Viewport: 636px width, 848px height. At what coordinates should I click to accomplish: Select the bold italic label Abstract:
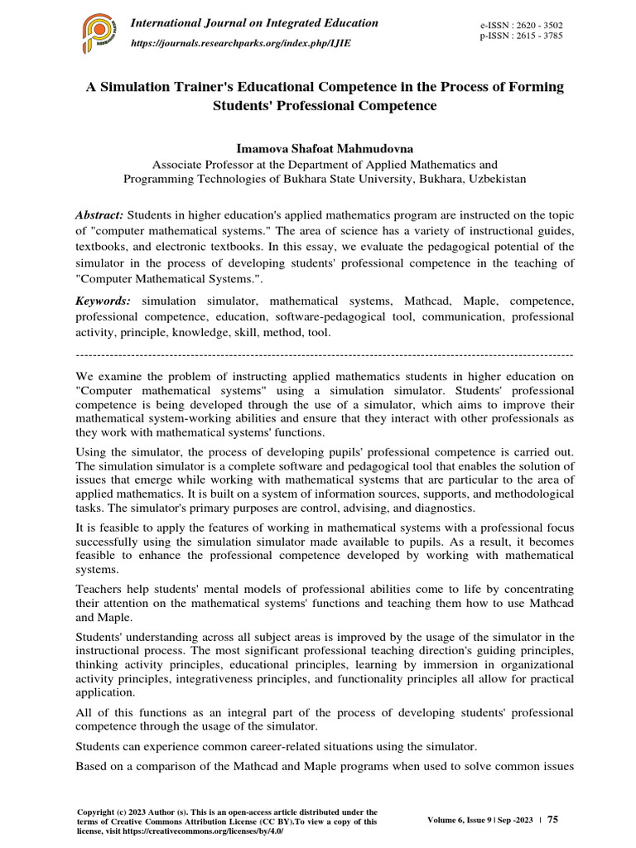point(99,214)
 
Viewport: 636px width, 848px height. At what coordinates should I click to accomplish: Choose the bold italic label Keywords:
point(104,301)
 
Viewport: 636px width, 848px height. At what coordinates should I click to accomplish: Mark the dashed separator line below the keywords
point(325,354)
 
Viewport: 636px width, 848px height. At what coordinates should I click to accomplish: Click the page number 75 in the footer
point(553,819)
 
